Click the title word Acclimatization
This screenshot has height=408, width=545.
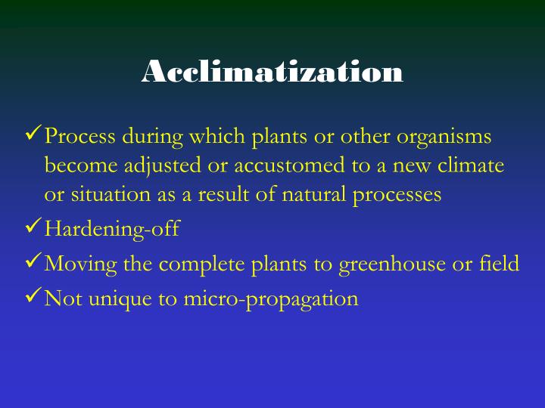(272, 72)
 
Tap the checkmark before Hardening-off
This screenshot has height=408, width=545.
(34, 226)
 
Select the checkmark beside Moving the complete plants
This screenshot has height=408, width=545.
(34, 261)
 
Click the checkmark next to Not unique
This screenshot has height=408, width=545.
(34, 296)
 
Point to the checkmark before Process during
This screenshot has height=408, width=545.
(34, 135)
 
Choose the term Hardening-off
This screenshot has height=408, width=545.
(112, 229)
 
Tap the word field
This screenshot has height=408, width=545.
(500, 264)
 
